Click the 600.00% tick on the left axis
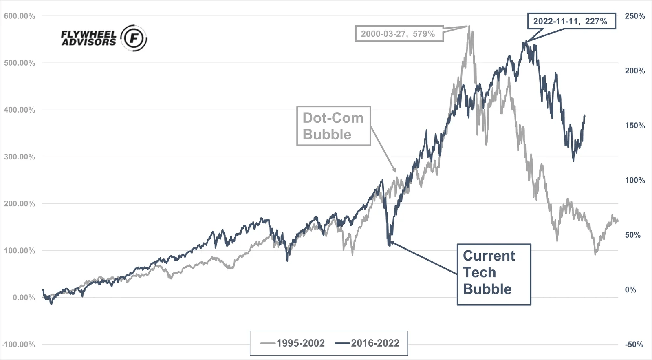pyautogui.click(x=20, y=16)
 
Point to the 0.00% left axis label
pyautogui.click(x=24, y=298)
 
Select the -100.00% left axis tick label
pyautogui.click(x=18, y=345)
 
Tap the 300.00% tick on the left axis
pyautogui.click(x=20, y=157)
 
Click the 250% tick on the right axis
pyautogui.click(x=635, y=16)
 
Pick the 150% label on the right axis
pyautogui.click(x=635, y=126)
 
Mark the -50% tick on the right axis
pyautogui.click(x=634, y=345)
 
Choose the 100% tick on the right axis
pyautogui.click(x=635, y=180)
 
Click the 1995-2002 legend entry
pyautogui.click(x=293, y=343)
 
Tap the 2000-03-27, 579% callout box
pyautogui.click(x=399, y=34)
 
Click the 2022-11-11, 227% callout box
pyautogui.click(x=571, y=21)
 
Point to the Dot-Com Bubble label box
pyautogui.click(x=333, y=126)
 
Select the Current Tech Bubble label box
pyautogui.click(x=493, y=274)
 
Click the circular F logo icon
pyautogui.click(x=134, y=38)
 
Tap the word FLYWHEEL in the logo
pyautogui.click(x=88, y=34)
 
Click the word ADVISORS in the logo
pyautogui.click(x=88, y=42)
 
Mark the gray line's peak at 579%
pyautogui.click(x=469, y=27)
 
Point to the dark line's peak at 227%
pyautogui.click(x=526, y=41)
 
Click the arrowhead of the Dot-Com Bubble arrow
pyautogui.click(x=395, y=171)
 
